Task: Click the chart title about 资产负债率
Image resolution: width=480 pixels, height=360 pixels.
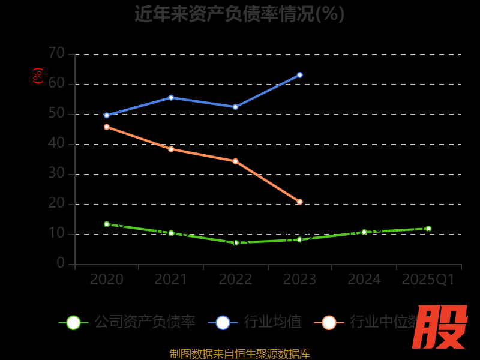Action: (239, 14)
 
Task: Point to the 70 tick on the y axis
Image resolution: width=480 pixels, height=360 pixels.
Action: (56, 53)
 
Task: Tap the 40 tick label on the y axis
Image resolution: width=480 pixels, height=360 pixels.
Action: (56, 143)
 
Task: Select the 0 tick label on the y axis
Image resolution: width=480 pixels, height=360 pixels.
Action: (61, 263)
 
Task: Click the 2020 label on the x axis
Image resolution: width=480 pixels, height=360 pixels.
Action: (107, 280)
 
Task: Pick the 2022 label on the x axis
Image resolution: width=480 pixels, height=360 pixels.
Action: (235, 280)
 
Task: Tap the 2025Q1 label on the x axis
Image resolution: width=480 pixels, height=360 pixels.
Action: (428, 280)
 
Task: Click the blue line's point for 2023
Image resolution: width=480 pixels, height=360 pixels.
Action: (299, 75)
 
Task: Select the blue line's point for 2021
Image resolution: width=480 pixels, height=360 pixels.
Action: (171, 97)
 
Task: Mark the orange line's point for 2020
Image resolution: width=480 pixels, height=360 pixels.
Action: (107, 127)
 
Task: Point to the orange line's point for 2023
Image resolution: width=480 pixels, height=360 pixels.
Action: (299, 202)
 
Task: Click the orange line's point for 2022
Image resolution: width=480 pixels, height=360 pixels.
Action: (235, 161)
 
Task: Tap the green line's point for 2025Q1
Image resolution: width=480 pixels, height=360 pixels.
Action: (428, 229)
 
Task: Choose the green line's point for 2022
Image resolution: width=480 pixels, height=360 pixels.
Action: (235, 242)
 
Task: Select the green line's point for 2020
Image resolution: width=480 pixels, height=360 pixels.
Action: (107, 224)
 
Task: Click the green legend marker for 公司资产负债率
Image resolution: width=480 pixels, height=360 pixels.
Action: (73, 322)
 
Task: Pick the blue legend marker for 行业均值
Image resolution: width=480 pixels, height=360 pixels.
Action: (223, 322)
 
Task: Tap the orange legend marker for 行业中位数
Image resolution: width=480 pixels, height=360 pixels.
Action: (329, 322)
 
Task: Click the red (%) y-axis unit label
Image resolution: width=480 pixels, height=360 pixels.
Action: (38, 76)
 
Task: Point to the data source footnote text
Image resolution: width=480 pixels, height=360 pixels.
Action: (239, 353)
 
